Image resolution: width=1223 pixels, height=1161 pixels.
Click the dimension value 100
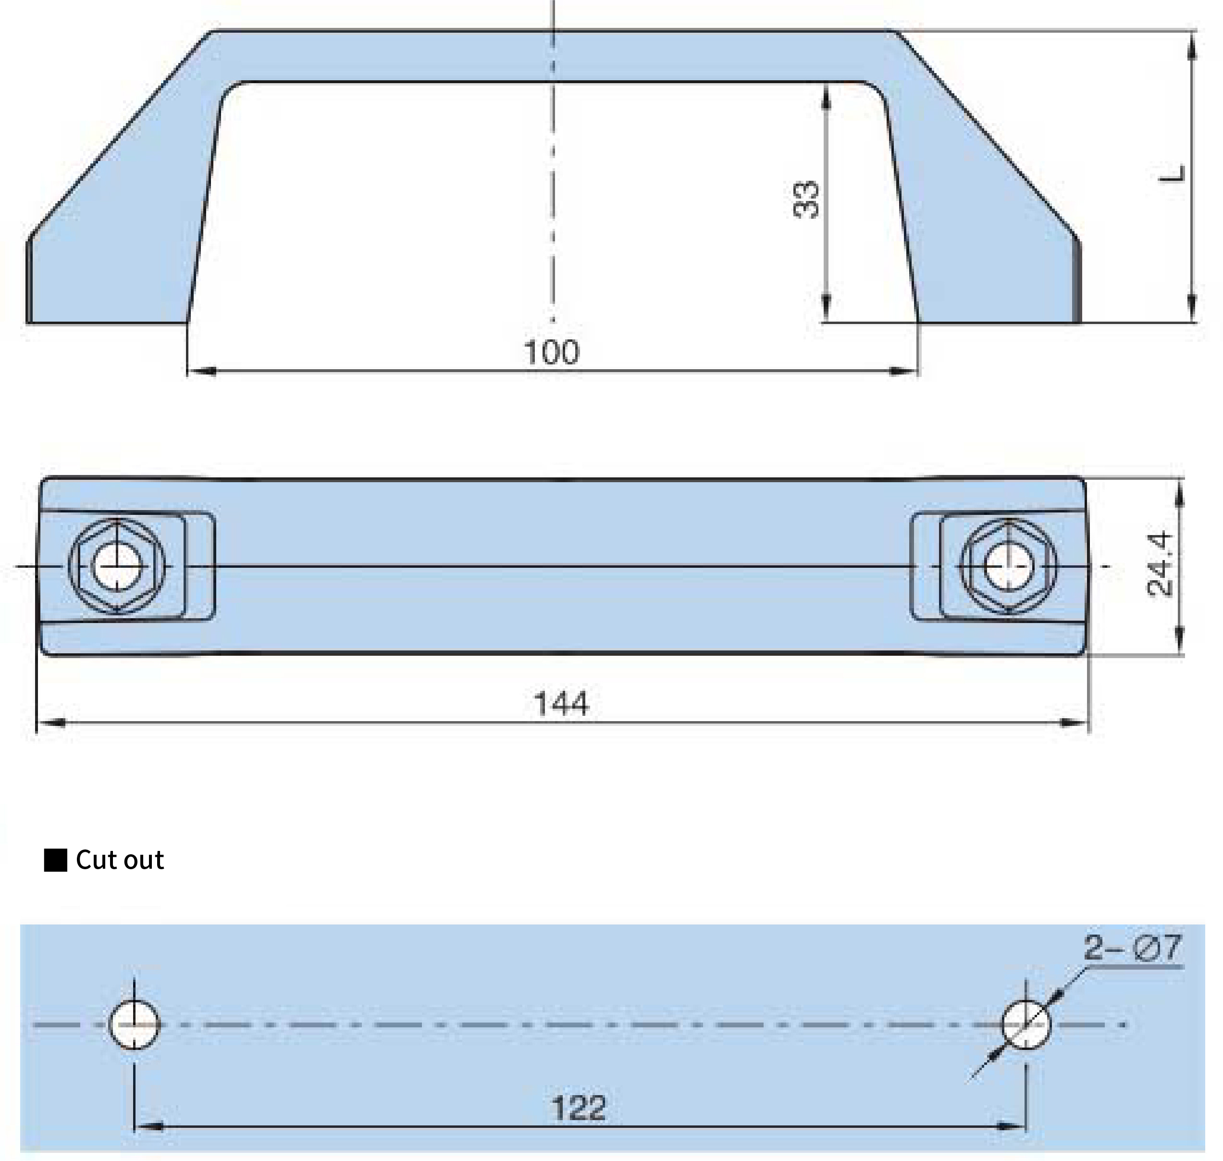coord(551,352)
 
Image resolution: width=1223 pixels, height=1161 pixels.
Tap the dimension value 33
coord(805,200)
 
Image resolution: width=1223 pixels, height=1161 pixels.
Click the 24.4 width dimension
coord(1159,564)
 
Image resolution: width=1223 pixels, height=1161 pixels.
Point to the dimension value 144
coord(561,704)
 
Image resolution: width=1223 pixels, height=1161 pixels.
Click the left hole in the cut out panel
coord(134,1025)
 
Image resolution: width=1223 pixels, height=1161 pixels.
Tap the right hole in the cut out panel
coord(1025,1025)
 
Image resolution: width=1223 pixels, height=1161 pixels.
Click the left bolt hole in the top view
coord(118,566)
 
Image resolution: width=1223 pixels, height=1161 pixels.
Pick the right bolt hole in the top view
coord(1008,566)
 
